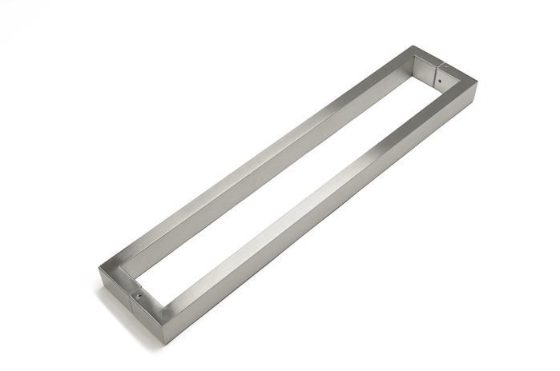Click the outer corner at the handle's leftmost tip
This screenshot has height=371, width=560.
coord(99,267)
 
